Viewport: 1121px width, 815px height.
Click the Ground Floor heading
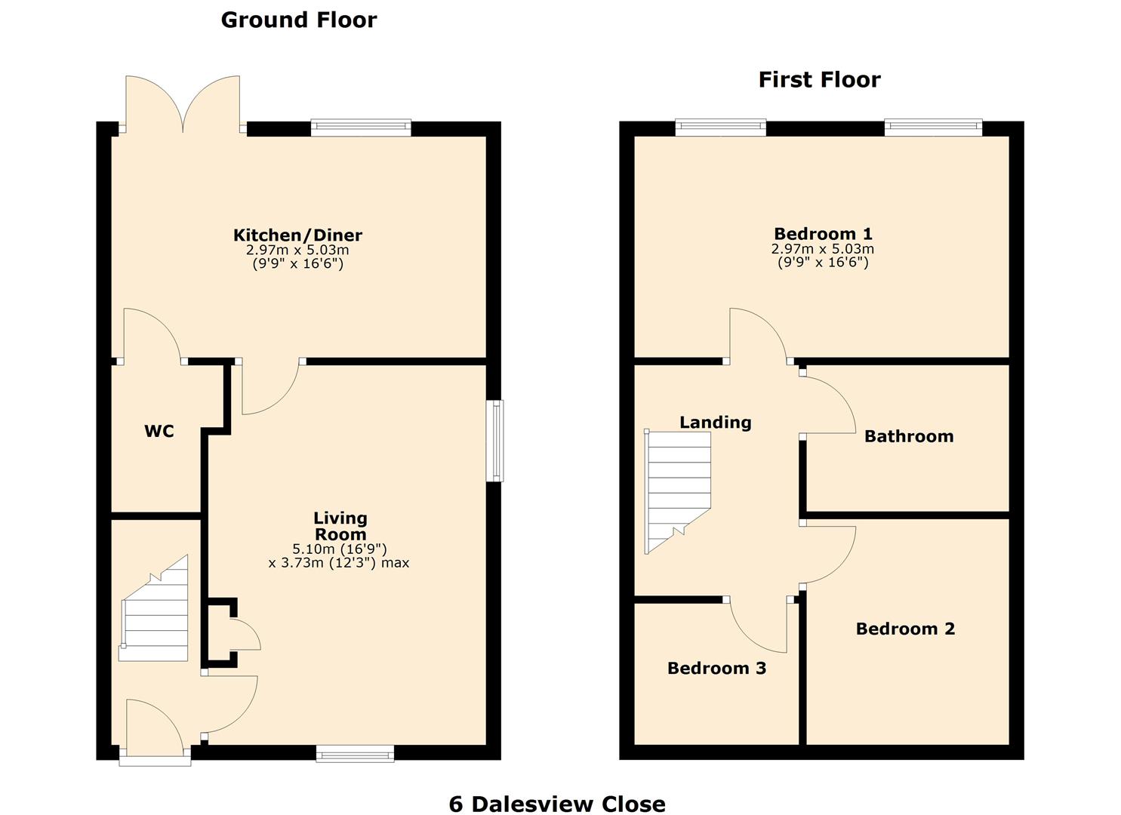coord(298,20)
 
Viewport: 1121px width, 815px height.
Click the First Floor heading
coord(819,79)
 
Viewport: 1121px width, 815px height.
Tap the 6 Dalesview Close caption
coord(557,804)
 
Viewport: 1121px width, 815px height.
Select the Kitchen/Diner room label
coord(297,235)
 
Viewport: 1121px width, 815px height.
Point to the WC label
coord(159,431)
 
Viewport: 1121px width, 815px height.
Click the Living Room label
coord(340,526)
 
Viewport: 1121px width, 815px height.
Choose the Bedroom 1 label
coord(823,233)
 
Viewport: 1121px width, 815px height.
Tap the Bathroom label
coord(908,436)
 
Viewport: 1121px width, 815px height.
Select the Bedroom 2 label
coord(905,629)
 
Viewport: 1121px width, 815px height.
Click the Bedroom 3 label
coord(716,668)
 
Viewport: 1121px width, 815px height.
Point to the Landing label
coord(715,422)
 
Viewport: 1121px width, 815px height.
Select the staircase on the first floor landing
coord(677,491)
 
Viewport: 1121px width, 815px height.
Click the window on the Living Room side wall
coord(496,441)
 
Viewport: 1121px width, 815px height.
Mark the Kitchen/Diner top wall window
coord(360,128)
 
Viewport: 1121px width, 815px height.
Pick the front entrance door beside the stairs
coord(155,728)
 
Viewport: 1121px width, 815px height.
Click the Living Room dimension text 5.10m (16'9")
coord(339,549)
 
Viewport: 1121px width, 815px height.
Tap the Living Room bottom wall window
coord(355,752)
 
